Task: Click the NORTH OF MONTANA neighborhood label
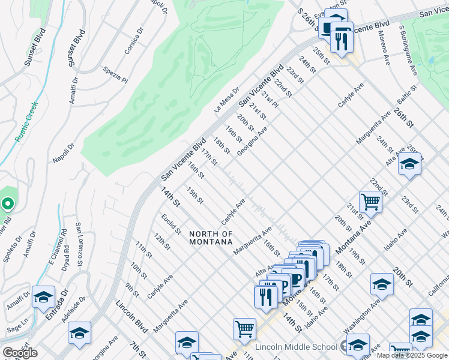(210, 238)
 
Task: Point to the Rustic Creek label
(26, 122)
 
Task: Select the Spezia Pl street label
(115, 74)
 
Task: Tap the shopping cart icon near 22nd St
(370, 202)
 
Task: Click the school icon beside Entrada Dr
(43, 297)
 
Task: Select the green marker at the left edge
(7, 204)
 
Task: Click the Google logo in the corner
(20, 353)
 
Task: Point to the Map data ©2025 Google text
(412, 355)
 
